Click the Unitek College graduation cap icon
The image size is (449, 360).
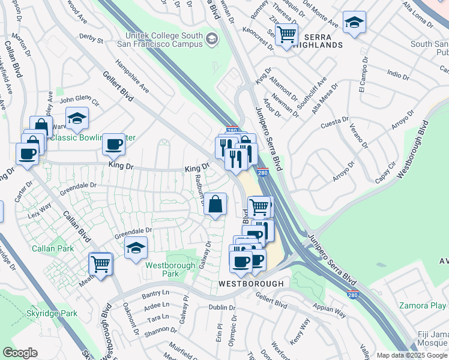click(x=211, y=40)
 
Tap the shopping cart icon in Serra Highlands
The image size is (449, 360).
click(x=288, y=34)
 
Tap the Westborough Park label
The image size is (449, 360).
click(x=170, y=269)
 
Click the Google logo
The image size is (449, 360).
click(x=20, y=353)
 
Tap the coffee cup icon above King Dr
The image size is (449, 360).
click(x=113, y=144)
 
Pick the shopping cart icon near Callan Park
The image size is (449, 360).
click(x=100, y=263)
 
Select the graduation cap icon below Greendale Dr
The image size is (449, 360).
click(x=136, y=247)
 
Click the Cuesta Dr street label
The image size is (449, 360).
click(x=334, y=124)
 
